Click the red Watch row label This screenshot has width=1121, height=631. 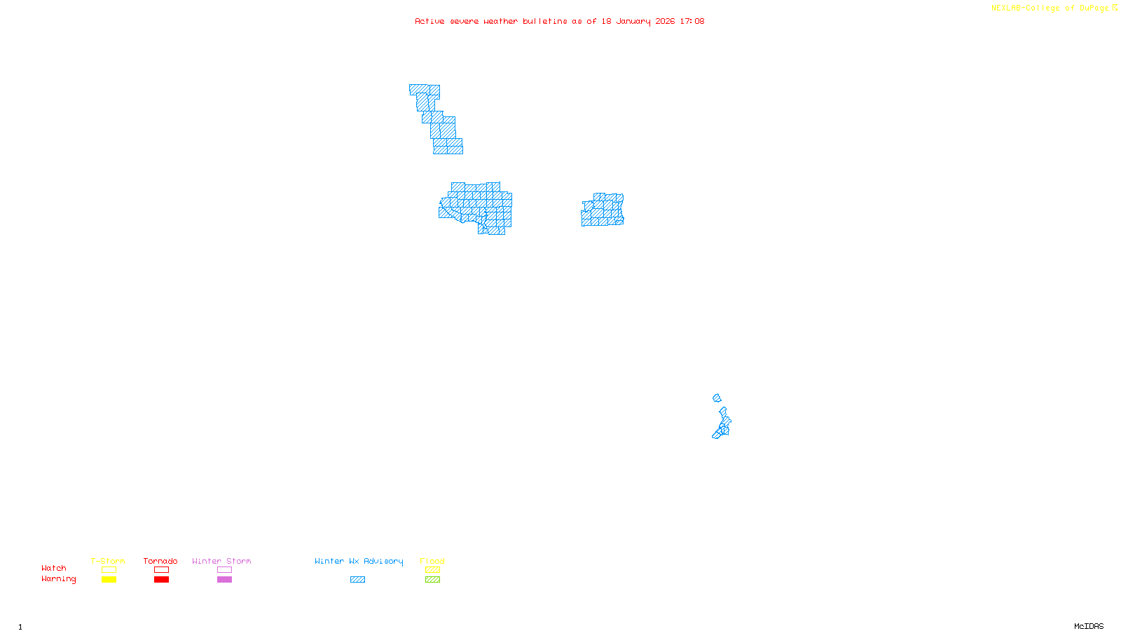tap(54, 569)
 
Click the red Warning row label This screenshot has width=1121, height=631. tap(59, 579)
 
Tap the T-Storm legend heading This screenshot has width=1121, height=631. tap(108, 561)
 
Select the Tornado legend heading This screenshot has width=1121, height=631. tap(160, 561)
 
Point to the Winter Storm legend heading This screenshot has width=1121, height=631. tap(221, 561)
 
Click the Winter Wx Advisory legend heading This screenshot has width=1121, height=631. tap(359, 561)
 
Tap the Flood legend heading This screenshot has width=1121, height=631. tap(432, 561)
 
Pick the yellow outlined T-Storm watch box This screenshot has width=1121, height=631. tap(109, 570)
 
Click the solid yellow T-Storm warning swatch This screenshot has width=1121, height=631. tap(109, 580)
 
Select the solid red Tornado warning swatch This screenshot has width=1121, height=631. tap(161, 580)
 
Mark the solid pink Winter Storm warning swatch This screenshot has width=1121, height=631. tap(224, 580)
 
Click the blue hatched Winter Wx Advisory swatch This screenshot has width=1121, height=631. tap(357, 580)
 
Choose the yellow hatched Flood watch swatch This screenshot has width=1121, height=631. tap(432, 570)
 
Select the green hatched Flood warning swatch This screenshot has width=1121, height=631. tap(432, 580)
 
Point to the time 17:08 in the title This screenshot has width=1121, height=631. tap(692, 21)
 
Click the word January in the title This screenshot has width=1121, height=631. tap(633, 21)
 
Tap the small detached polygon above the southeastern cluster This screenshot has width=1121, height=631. tap(717, 398)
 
